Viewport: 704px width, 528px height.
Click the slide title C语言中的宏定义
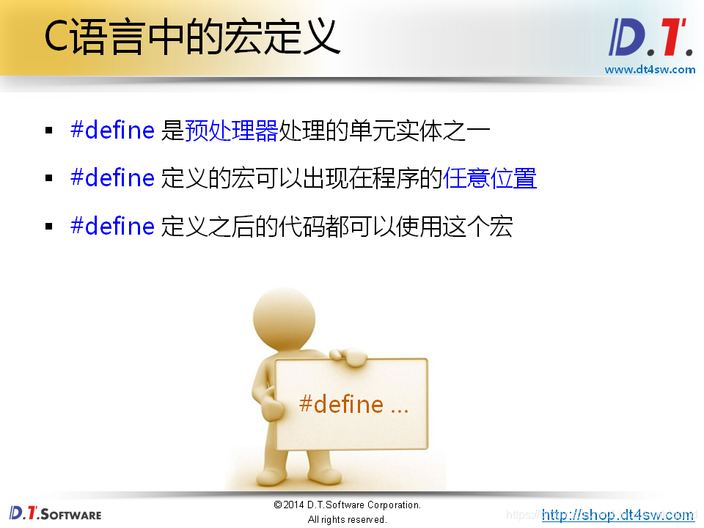192,37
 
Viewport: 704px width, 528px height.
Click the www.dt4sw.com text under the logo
650,70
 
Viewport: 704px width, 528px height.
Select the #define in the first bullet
112,131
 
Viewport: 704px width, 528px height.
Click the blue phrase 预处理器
231,131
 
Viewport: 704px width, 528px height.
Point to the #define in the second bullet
112,178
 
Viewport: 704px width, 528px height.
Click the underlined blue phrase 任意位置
490,178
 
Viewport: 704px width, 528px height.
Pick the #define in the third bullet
112,226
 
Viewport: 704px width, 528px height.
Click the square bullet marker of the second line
49,179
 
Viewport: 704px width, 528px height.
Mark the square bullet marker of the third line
49,227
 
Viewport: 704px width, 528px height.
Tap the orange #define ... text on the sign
353,404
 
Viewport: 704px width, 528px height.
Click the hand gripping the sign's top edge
349,356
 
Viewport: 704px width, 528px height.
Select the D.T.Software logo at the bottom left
56,513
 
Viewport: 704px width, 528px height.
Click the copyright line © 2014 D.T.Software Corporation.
347,505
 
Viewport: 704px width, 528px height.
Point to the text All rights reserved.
347,519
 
